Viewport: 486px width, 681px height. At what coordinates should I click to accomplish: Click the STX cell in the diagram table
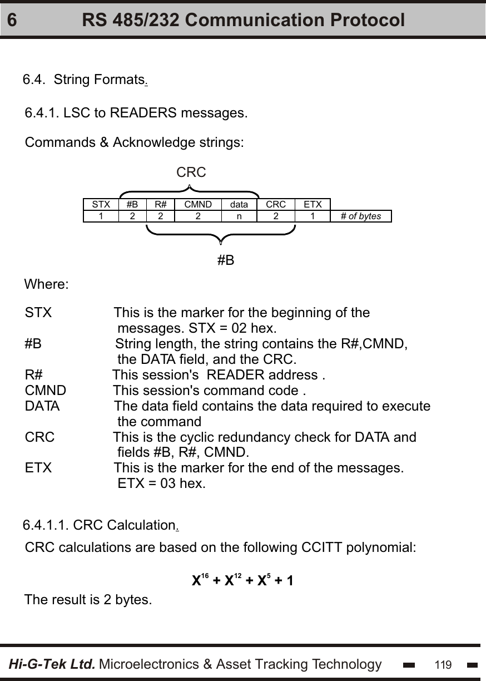pos(101,204)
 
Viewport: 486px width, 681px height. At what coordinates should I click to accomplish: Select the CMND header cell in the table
pos(198,204)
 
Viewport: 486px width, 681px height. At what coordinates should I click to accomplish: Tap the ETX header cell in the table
pos(313,204)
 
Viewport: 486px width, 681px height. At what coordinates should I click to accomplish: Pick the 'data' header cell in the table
pos(239,204)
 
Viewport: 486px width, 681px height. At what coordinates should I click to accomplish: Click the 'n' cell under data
pos(239,216)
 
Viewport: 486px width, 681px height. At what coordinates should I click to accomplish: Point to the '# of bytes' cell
pos(361,216)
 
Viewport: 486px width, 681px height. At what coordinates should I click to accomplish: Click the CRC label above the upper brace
pos(191,172)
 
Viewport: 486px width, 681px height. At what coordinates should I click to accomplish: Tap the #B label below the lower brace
pos(225,260)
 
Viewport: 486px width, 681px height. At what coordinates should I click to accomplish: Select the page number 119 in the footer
pos(443,665)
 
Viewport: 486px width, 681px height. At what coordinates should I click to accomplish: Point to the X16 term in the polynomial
pos(200,580)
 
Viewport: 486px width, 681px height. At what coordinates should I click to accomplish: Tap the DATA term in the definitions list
pos(42,406)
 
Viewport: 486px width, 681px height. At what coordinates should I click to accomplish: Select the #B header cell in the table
pos(132,204)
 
